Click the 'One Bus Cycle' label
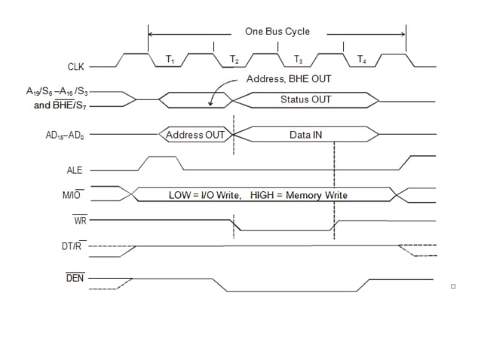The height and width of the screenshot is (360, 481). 277,32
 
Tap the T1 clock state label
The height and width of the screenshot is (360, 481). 170,59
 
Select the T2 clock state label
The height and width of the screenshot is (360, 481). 234,59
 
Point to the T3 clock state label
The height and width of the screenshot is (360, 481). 298,59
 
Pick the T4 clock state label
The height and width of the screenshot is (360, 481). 362,59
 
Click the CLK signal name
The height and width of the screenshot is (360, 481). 77,66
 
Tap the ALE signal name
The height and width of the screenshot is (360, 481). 75,170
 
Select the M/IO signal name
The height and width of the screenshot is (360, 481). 72,195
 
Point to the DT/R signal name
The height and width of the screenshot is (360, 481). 74,246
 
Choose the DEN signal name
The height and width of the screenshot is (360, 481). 75,278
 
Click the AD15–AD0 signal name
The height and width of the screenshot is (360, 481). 66,135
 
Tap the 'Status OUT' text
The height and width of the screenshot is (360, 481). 305,99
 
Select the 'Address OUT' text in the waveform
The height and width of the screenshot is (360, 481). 195,135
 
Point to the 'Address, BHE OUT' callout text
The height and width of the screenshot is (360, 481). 289,78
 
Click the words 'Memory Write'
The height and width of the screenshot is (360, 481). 316,195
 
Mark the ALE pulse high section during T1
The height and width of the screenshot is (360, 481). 163,158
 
